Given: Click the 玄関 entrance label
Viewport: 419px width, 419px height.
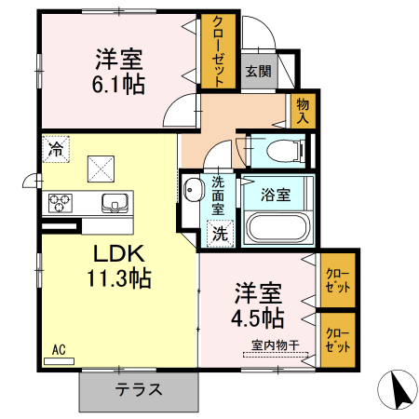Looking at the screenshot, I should pyautogui.click(x=258, y=71).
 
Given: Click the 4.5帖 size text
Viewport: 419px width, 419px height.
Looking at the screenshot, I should pyautogui.click(x=259, y=318).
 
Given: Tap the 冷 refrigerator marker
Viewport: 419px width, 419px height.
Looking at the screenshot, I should pyautogui.click(x=56, y=147).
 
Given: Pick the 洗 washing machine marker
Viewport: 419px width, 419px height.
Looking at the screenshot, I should pyautogui.click(x=220, y=234).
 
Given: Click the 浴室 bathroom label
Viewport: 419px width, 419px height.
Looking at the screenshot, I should pyautogui.click(x=275, y=196).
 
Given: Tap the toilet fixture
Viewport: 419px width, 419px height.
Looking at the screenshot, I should pyautogui.click(x=278, y=150).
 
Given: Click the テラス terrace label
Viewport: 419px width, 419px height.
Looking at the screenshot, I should pyautogui.click(x=140, y=390).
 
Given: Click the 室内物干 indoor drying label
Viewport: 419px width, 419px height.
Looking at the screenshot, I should pyautogui.click(x=273, y=346).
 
